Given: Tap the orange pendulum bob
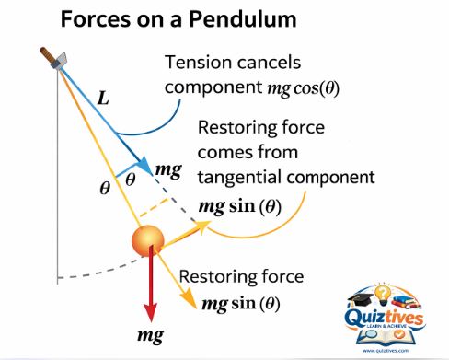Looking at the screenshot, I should [147, 242].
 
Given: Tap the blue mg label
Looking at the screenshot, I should [169, 169].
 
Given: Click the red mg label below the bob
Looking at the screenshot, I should [150, 335].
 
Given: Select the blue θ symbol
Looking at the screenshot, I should [130, 180].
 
